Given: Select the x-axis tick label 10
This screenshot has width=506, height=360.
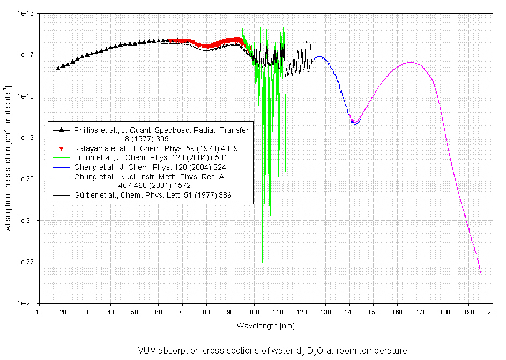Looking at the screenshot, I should pos(39,312).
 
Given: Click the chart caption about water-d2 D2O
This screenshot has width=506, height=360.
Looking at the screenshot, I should pos(272,350).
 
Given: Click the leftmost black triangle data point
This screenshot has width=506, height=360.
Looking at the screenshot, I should pos(58,68).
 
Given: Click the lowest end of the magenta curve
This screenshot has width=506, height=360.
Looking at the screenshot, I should pos(480,272).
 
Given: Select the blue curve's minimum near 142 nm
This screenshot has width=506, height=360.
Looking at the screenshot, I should pos(355,124).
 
